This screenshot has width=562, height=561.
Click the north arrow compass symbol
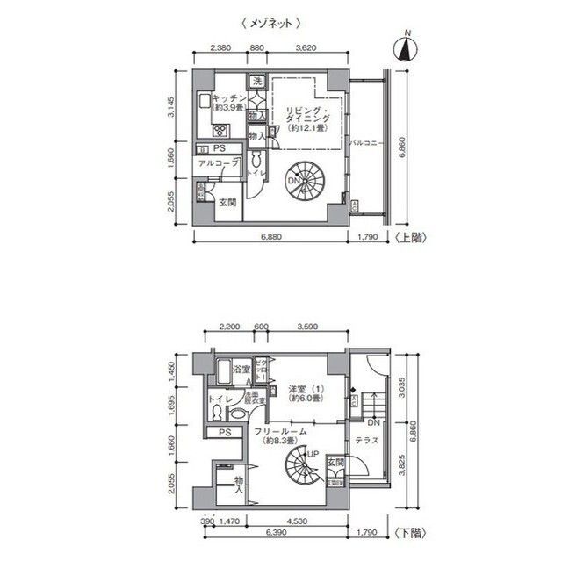pos(406,47)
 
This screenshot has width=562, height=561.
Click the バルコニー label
pos(363,140)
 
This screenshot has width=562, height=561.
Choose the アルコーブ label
pos(216,164)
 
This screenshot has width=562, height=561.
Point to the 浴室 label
pos(241,370)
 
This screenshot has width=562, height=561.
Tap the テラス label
pos(367,439)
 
